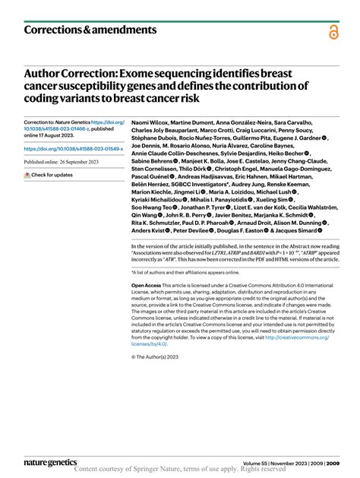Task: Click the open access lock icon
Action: (x=333, y=32)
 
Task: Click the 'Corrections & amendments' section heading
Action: (x=90, y=30)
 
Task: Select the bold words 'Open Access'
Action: (x=147, y=285)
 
